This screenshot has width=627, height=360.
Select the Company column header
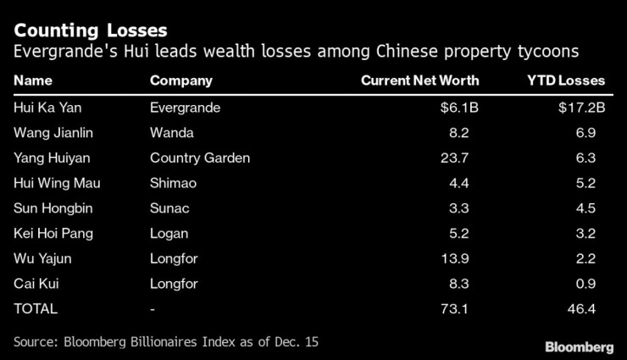(x=180, y=81)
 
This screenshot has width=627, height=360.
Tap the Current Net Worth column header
(x=419, y=81)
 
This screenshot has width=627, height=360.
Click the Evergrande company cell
(x=185, y=108)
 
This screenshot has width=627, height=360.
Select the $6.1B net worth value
(x=461, y=108)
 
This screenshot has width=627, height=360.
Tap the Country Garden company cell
(x=200, y=158)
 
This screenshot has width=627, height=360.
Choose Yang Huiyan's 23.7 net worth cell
(x=464, y=158)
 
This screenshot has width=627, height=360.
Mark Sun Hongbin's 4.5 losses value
(x=585, y=208)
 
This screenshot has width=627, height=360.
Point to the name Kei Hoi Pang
(x=53, y=234)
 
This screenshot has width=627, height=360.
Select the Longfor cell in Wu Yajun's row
(x=173, y=258)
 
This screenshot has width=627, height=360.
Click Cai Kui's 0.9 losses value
(x=585, y=284)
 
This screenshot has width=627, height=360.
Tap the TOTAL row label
(x=36, y=309)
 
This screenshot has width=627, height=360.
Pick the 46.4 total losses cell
(x=582, y=309)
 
